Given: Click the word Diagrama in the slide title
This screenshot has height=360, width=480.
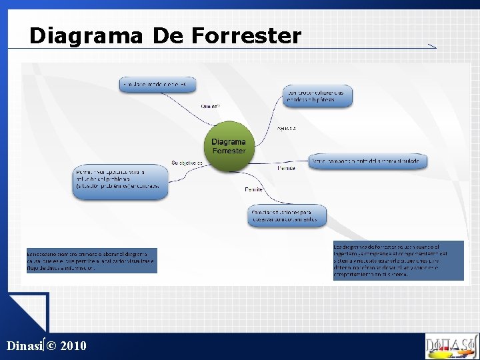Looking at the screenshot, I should click(86, 35).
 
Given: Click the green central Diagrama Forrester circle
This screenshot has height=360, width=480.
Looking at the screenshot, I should click(229, 146).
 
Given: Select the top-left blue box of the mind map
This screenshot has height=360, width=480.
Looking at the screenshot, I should click(158, 85).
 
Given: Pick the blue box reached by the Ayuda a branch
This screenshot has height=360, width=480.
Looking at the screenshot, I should click(317, 96).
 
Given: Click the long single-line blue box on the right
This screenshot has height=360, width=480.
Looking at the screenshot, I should click(369, 161).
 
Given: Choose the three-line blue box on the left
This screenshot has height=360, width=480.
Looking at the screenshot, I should click(121, 181).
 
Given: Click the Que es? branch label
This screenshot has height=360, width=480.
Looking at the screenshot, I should click(210, 107).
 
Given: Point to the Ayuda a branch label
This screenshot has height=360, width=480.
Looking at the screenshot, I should click(287, 128).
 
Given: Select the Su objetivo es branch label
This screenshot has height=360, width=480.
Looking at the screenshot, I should click(187, 163).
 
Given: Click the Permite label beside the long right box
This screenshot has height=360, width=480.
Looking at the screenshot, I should click(286, 168).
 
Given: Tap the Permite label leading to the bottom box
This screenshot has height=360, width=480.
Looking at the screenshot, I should click(253, 190).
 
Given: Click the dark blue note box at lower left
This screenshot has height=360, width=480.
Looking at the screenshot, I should click(91, 260).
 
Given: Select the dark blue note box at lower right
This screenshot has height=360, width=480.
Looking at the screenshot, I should click(398, 260).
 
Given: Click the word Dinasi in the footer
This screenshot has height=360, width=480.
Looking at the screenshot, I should click(24, 345).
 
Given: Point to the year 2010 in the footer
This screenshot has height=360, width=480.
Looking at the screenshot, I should click(73, 345).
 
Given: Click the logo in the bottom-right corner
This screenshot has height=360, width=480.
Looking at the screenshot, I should click(451, 346).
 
